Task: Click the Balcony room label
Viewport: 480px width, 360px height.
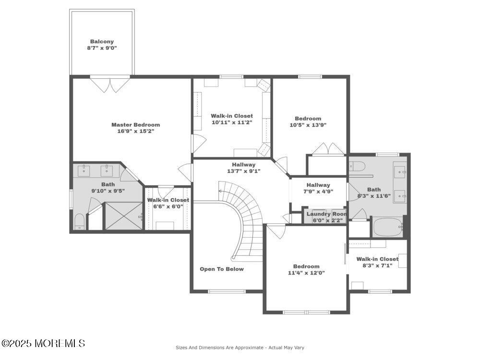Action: tap(102, 42)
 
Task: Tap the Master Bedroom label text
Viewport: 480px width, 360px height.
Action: tap(135, 125)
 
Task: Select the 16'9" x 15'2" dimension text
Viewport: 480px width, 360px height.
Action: tap(135, 131)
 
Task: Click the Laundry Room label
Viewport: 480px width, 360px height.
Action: tap(326, 214)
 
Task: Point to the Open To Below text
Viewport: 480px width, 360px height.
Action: tap(222, 269)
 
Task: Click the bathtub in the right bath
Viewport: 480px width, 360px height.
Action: tap(388, 227)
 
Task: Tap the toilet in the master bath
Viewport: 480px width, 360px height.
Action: tap(80, 222)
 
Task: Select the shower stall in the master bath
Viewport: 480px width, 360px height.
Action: tap(124, 216)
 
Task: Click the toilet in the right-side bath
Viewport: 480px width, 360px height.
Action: tap(358, 167)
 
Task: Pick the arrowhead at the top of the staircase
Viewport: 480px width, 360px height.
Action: tap(220, 191)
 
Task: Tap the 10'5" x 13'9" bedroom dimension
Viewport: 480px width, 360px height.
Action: tap(308, 125)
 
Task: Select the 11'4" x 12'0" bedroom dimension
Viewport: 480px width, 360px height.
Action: tap(306, 273)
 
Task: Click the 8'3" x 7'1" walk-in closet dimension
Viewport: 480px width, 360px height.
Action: tap(377, 265)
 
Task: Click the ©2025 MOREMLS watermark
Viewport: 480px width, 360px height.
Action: tap(43, 343)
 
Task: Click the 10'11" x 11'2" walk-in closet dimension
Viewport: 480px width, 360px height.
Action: tap(232, 122)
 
